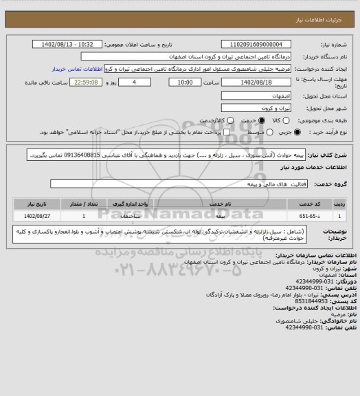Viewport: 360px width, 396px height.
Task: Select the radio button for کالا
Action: point(279,120)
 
